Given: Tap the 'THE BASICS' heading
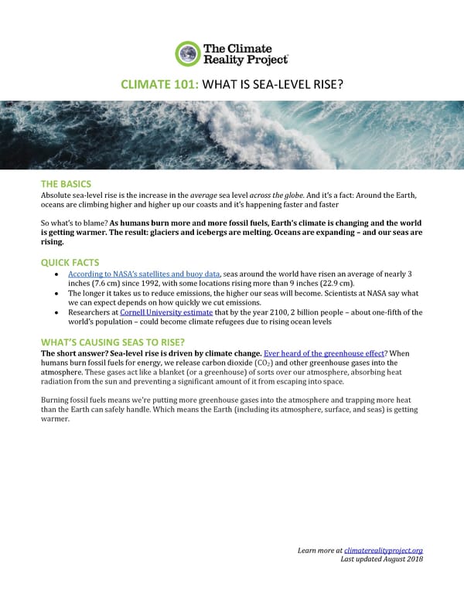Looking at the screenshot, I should [x=66, y=184].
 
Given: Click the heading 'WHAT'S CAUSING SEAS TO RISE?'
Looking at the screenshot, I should [x=112, y=343].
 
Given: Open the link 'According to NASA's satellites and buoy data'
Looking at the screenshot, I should [x=145, y=274].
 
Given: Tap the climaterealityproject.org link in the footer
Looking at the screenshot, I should [x=384, y=550].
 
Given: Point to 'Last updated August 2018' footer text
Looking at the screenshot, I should [x=382, y=560].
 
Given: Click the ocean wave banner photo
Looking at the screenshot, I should [x=232, y=135].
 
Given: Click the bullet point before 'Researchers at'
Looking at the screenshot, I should [x=59, y=312].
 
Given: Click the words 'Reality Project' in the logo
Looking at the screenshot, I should [x=244, y=60].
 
